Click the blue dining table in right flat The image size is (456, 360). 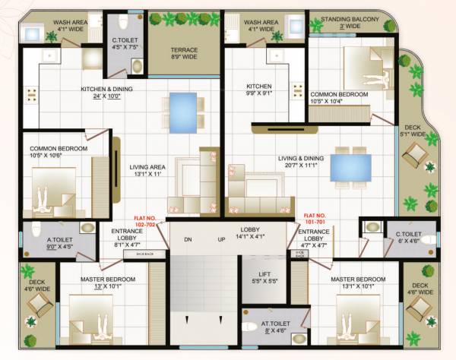(350, 166)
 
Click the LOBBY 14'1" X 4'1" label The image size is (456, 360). (251, 232)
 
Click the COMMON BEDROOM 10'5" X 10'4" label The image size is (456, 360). (339, 98)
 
